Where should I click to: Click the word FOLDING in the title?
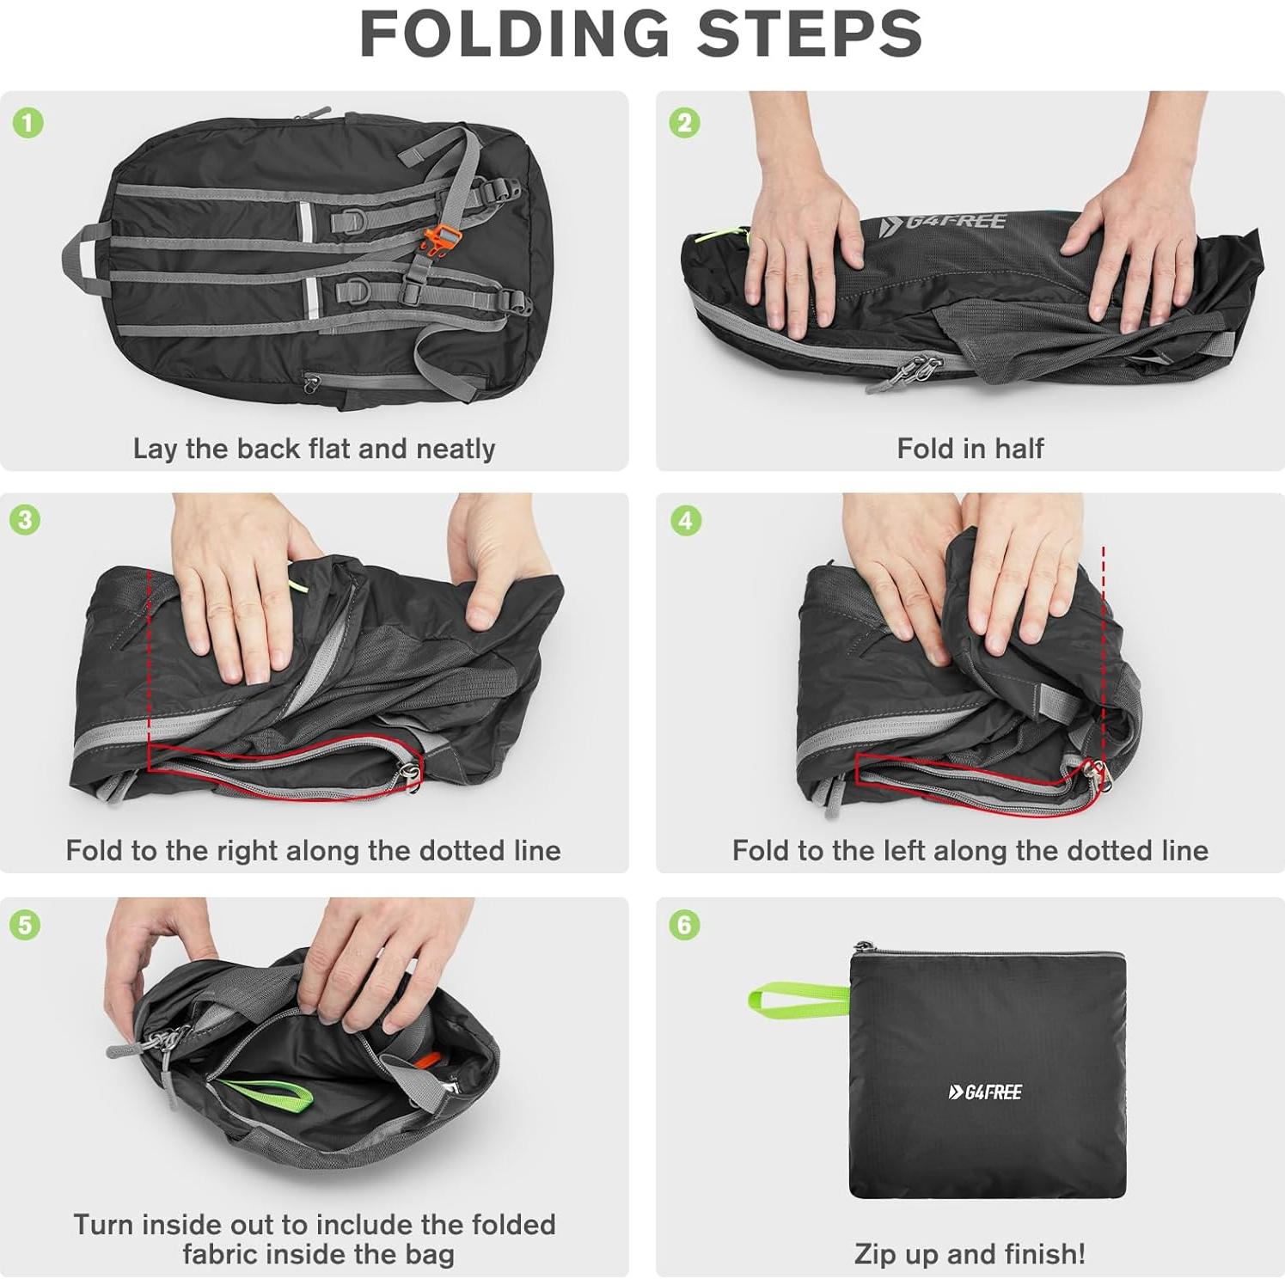tap(514, 34)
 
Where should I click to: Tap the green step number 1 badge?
tap(28, 123)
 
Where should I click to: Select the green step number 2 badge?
tap(684, 123)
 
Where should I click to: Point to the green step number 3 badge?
tap(25, 520)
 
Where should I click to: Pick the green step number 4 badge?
tap(684, 520)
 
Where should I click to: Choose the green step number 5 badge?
tap(25, 925)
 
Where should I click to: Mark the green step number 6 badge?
tap(684, 925)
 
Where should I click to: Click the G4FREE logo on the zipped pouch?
tap(985, 1092)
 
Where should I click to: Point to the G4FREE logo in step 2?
tap(943, 223)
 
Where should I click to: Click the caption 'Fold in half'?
tap(970, 448)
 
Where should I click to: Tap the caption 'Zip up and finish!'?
tap(970, 1253)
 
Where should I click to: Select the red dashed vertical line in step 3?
tap(149, 653)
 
